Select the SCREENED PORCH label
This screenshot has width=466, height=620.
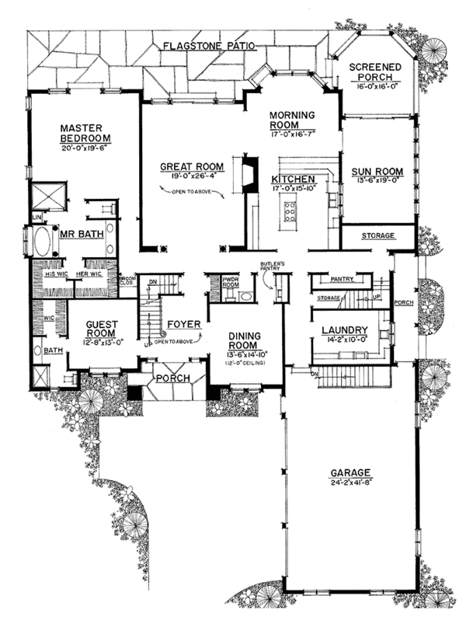(374, 72)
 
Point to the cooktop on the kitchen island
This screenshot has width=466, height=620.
(290, 211)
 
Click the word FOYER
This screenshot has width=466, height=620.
(183, 323)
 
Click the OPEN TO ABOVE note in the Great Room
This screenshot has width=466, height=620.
(194, 189)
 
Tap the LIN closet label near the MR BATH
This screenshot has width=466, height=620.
(36, 218)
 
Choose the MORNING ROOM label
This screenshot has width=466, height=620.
(291, 120)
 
